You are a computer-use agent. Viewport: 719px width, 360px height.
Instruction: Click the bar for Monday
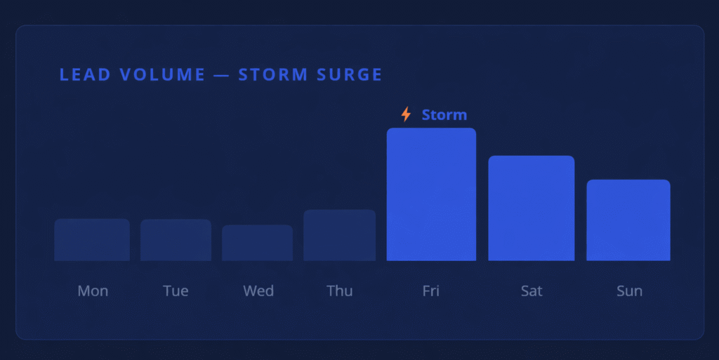point(92,239)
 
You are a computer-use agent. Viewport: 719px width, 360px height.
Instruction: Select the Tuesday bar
point(176,240)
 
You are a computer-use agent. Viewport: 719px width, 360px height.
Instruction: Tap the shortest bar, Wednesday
point(257,243)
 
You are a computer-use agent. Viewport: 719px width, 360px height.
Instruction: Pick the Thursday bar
point(339,235)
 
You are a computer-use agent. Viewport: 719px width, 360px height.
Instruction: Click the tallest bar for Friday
point(431,194)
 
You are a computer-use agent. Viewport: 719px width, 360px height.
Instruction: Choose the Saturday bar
point(531,208)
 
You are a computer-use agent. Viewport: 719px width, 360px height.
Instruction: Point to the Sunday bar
point(628,220)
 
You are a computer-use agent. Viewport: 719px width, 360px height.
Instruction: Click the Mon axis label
point(93,291)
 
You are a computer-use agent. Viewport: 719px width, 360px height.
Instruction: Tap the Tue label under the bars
point(176,291)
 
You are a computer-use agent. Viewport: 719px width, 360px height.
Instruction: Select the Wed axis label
point(258,291)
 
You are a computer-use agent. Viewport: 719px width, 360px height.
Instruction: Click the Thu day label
point(340,291)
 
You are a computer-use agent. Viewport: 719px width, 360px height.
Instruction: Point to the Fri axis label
point(431,291)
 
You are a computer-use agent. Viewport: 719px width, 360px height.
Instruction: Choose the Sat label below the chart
point(532,291)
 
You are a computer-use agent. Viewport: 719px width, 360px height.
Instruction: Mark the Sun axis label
point(630,291)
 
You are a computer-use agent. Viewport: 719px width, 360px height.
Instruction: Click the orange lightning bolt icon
point(407,114)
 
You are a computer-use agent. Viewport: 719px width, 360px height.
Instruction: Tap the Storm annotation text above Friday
point(444,114)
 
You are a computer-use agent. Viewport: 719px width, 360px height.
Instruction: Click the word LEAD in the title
point(85,74)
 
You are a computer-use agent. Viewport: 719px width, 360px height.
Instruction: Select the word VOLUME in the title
point(162,74)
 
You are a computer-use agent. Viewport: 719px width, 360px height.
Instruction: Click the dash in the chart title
point(221,75)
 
